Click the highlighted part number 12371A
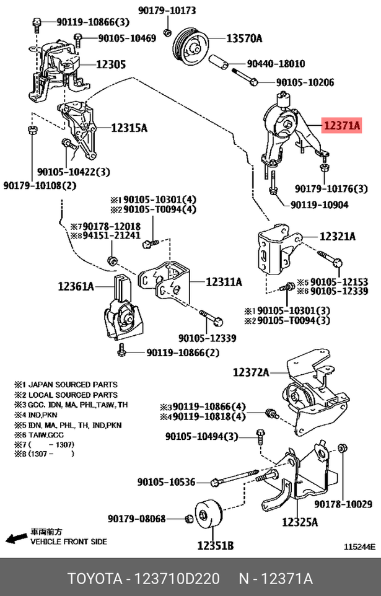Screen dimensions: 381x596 pos(341,125)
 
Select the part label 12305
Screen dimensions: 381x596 pos(110,64)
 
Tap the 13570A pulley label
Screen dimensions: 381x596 pos(244,38)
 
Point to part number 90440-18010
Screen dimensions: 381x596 pos(276,63)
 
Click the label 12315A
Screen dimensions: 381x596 pos(129,128)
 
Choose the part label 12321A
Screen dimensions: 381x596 pos(337,237)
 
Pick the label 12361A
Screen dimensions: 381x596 pos(76,286)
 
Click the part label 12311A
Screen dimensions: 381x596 pos(224,282)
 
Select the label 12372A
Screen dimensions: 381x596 pos(251,372)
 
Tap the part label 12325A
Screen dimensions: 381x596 pos(300,522)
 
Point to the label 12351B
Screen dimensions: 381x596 pos(215,546)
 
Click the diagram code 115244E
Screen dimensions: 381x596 pos(359,547)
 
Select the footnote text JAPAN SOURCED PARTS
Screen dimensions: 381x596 pos(73,384)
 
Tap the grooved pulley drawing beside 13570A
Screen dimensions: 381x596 pos(190,46)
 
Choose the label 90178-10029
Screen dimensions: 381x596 pos(343,504)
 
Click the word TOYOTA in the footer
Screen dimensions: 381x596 pos(95,579)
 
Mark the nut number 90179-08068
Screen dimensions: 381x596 pos(136,518)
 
